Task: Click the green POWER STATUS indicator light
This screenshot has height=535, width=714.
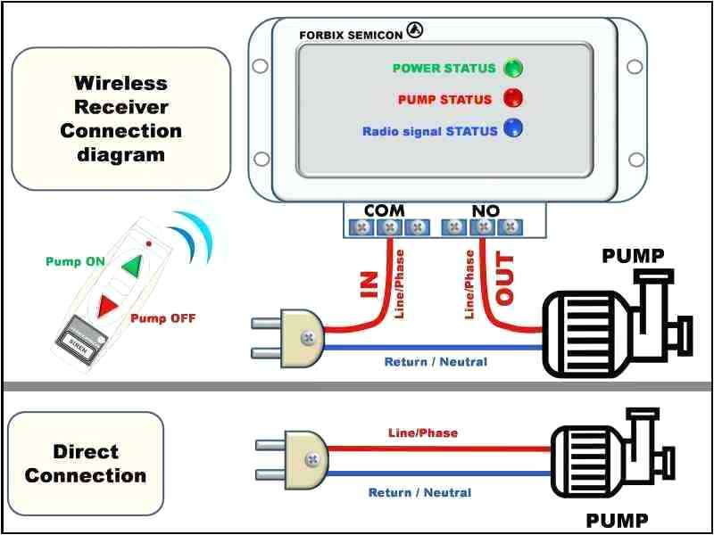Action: click(512, 68)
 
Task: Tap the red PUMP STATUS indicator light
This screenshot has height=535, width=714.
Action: click(512, 98)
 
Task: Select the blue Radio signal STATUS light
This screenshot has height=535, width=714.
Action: click(512, 128)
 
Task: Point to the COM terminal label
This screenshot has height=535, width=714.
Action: click(385, 210)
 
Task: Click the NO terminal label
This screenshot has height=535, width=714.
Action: click(486, 210)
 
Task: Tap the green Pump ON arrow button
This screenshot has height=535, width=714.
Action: click(131, 266)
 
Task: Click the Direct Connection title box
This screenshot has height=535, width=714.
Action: click(86, 463)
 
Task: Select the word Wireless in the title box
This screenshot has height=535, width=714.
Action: click(120, 84)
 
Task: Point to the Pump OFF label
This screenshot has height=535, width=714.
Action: click(162, 318)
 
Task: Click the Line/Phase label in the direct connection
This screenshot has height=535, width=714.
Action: click(422, 433)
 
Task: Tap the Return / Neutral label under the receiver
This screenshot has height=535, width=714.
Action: click(436, 362)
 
